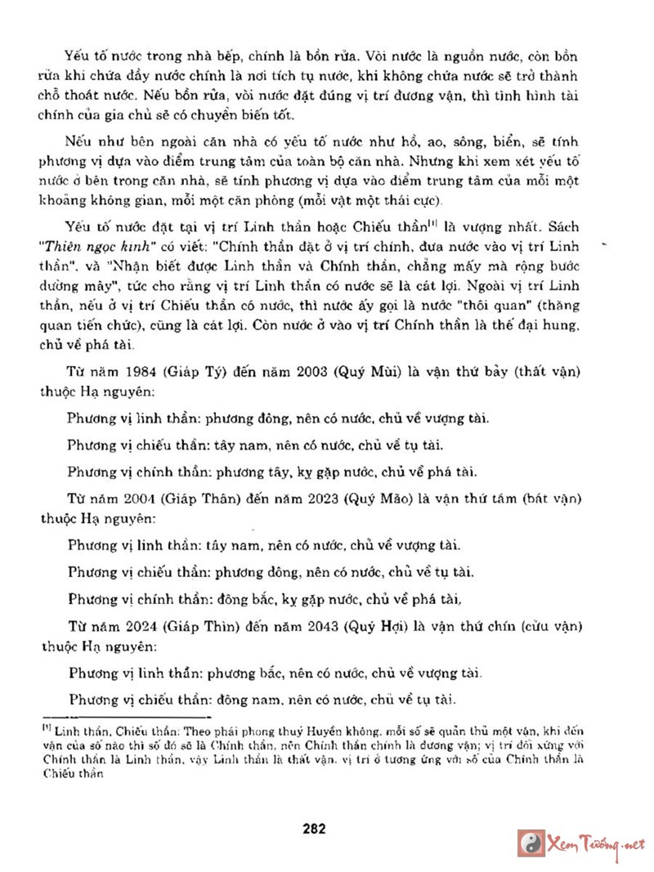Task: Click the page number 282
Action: click(314, 828)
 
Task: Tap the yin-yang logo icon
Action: click(533, 843)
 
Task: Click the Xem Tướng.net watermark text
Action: click(596, 843)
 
